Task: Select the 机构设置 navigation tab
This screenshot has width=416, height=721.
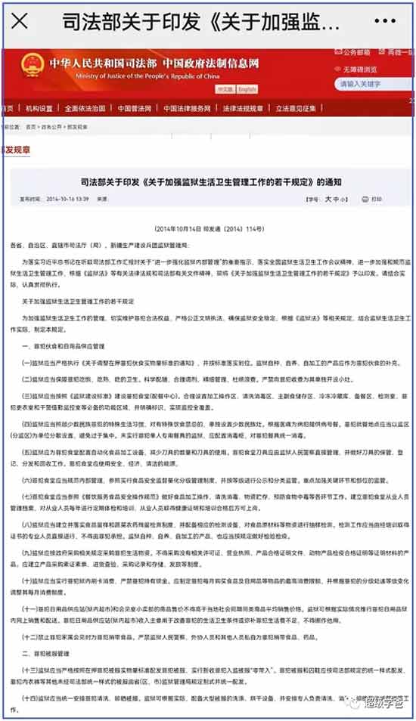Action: [41, 109]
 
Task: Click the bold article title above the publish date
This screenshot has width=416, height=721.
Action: [210, 183]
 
